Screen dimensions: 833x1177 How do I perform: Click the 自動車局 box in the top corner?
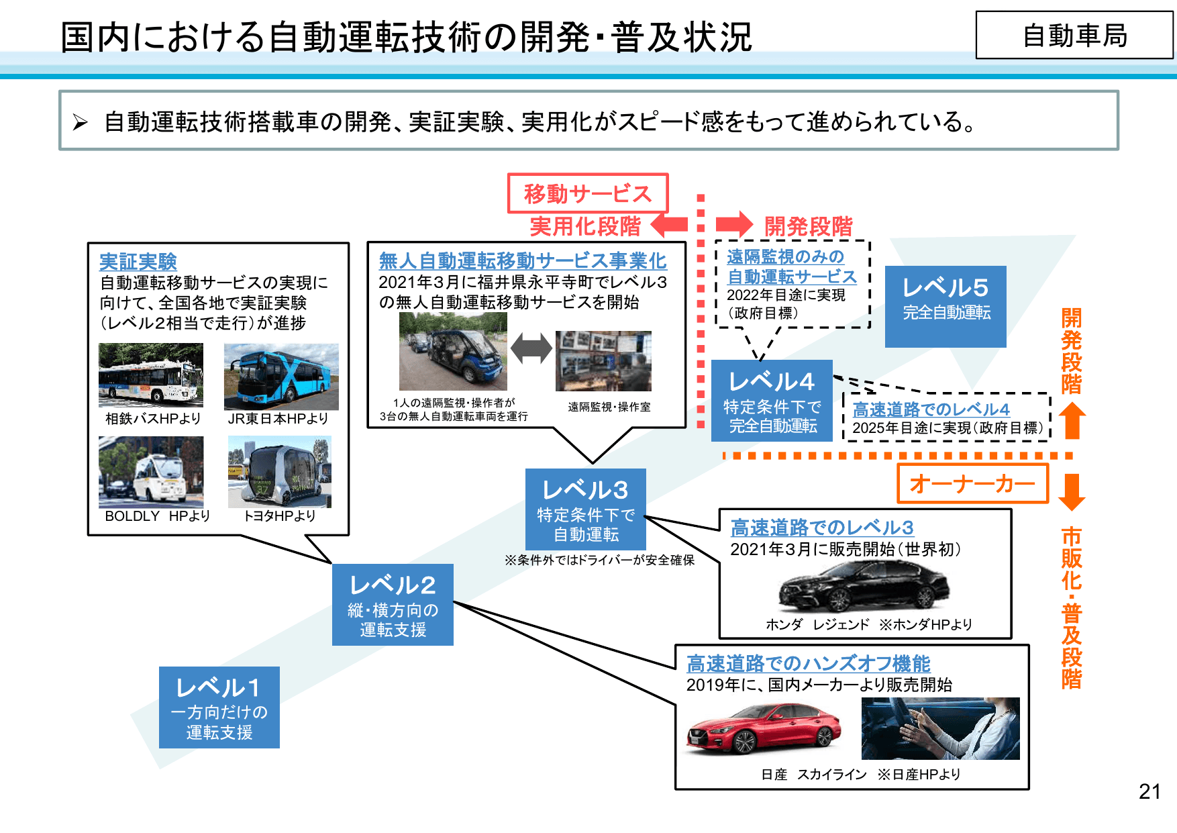coord(1074,35)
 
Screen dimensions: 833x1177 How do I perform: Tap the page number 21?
coord(1149,791)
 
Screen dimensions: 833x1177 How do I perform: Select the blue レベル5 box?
coord(945,306)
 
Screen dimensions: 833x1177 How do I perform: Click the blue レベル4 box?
coord(772,401)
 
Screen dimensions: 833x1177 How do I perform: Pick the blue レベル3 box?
coord(585,509)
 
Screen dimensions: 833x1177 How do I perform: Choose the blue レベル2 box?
coord(393,604)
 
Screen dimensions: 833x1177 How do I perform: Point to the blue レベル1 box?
coord(219,707)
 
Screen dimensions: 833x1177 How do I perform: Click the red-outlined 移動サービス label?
coord(587,193)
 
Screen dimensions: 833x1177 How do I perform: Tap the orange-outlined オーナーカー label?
coord(972,483)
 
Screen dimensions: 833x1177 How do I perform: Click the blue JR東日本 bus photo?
coord(281,377)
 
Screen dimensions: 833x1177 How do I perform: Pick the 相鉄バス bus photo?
coord(151,375)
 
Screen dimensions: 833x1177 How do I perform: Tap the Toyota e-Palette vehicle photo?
coord(279,472)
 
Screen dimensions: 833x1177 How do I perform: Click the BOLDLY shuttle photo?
coord(151,472)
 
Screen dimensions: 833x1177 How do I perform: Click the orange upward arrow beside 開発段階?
coord(1072,420)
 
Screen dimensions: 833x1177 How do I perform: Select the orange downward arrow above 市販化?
coord(1072,492)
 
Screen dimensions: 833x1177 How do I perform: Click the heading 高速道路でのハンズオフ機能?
coord(808,663)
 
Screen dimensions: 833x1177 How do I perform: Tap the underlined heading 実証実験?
coord(138,261)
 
